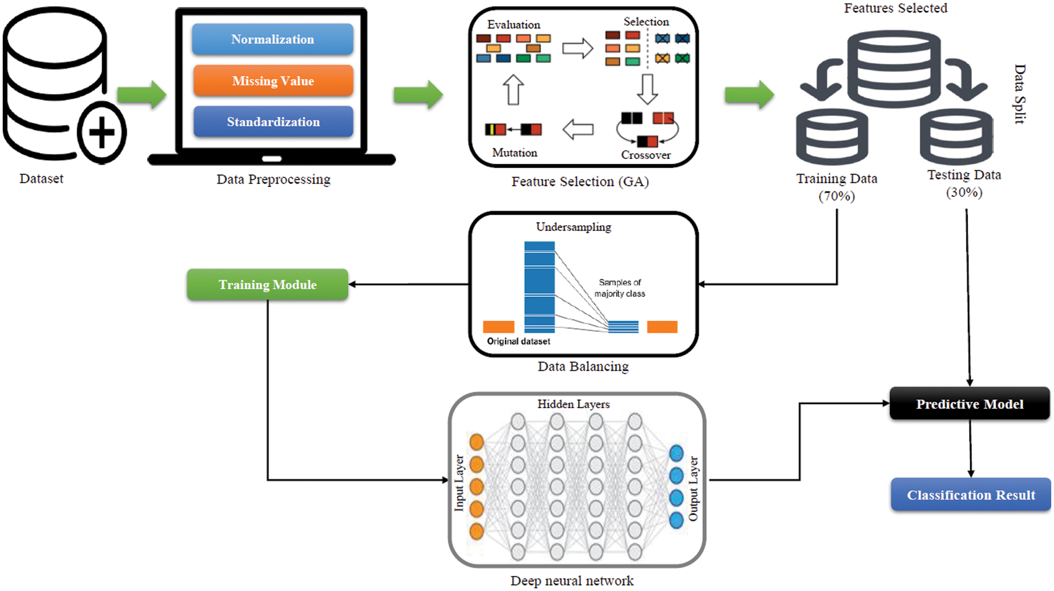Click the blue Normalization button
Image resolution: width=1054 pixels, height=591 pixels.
coord(272,39)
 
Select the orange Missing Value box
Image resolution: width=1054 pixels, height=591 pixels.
coord(273,81)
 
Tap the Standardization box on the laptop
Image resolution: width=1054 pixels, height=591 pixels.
coord(273,122)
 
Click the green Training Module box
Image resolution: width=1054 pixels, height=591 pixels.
coord(268,284)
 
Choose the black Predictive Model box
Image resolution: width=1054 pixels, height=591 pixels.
coord(970,404)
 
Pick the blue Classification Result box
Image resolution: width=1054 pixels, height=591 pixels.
coord(971,495)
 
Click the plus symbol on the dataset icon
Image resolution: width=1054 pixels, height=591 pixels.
coord(102,132)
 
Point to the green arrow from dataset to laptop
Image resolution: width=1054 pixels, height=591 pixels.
coord(142,95)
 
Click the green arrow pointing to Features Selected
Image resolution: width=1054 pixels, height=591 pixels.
coord(749,95)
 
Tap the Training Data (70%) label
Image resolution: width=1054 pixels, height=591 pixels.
coord(837,187)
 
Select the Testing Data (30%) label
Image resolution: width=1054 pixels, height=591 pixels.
coord(964,183)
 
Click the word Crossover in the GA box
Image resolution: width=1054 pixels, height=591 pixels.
coord(645,155)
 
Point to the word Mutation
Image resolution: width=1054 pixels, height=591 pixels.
coord(515,153)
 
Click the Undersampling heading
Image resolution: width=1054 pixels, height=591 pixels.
coord(573,227)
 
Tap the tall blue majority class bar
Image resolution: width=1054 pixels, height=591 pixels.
coord(539,287)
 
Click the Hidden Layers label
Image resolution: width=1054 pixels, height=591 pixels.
coord(573,404)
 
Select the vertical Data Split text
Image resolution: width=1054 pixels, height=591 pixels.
coord(1019,95)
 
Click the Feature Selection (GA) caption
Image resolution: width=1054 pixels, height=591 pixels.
coord(580,182)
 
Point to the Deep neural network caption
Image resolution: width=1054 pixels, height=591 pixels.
coord(572,581)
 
